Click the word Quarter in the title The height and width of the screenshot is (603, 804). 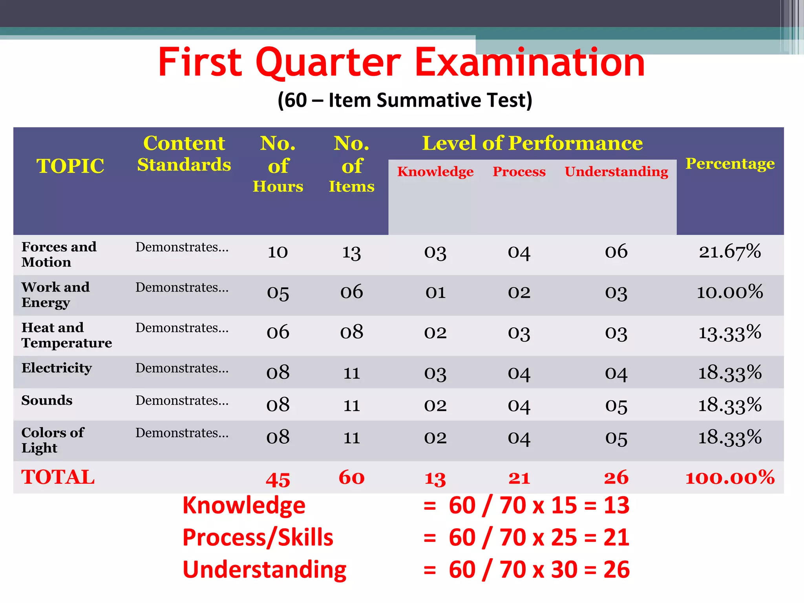[x=328, y=63]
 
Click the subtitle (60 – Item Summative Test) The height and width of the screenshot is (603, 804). [x=405, y=100]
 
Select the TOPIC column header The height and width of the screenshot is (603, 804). [x=71, y=166]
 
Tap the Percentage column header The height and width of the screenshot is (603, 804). [x=730, y=163]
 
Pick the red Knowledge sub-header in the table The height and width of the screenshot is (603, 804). [x=435, y=172]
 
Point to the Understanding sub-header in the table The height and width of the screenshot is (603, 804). [x=616, y=172]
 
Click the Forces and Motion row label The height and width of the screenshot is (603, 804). [x=59, y=254]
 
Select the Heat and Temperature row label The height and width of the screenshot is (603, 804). [x=66, y=335]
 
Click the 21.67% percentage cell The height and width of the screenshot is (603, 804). [x=730, y=251]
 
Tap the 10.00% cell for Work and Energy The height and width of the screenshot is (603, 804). [x=730, y=292]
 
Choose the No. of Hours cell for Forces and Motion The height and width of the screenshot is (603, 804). [x=278, y=252]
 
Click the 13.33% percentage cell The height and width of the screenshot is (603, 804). [x=730, y=333]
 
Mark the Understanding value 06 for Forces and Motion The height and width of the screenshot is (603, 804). [x=616, y=251]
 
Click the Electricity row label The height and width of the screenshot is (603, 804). [x=57, y=368]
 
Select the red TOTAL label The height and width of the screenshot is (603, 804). [x=58, y=477]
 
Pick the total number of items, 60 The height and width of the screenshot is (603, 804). [x=351, y=478]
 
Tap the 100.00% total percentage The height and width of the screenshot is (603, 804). [x=730, y=478]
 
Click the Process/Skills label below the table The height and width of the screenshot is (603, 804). [x=258, y=537]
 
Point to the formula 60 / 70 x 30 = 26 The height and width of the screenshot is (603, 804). [x=539, y=570]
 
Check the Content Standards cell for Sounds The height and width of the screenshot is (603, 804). [x=182, y=400]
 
